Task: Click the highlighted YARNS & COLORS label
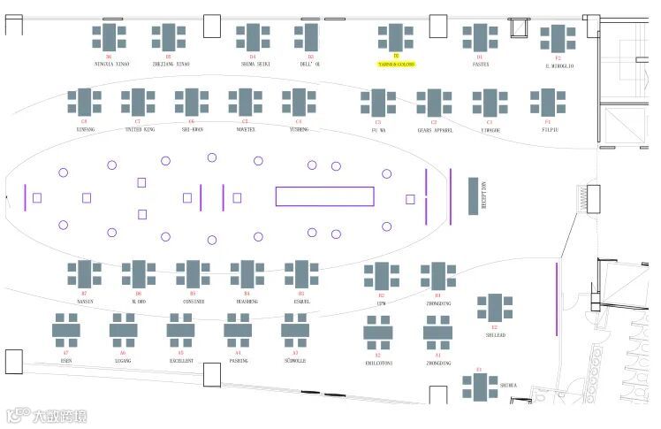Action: tap(396, 65)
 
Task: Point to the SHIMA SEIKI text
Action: tap(254, 65)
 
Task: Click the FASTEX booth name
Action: tap(481, 65)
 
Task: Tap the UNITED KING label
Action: tap(139, 129)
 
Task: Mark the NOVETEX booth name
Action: tap(245, 129)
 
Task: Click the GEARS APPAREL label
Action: tap(435, 129)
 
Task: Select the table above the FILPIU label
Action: tap(547, 103)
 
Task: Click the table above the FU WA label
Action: tap(378, 103)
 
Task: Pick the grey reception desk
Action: tap(483, 196)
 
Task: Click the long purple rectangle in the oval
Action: tap(324, 196)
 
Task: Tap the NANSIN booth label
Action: tap(85, 301)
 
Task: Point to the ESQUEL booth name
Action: tap(301, 301)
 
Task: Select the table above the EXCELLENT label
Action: tap(180, 330)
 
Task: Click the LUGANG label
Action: tap(123, 361)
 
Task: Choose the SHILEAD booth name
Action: tap(495, 335)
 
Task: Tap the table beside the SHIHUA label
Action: tap(480, 387)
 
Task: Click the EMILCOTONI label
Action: tap(378, 363)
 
